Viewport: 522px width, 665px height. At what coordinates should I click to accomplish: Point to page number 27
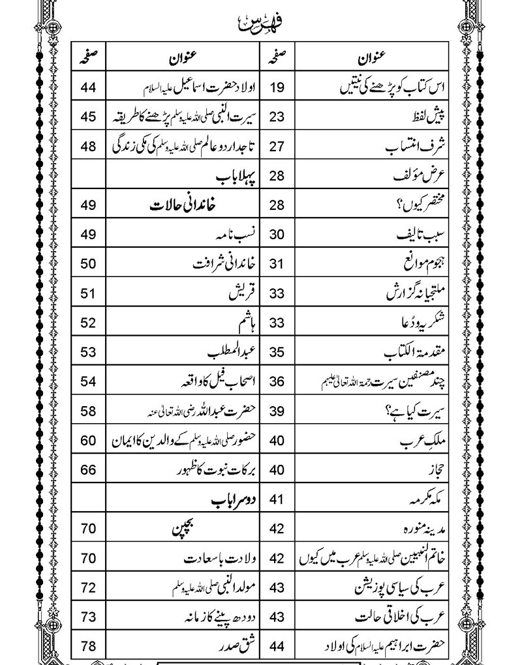coord(277,146)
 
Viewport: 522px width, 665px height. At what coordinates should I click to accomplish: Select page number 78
coord(89,647)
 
